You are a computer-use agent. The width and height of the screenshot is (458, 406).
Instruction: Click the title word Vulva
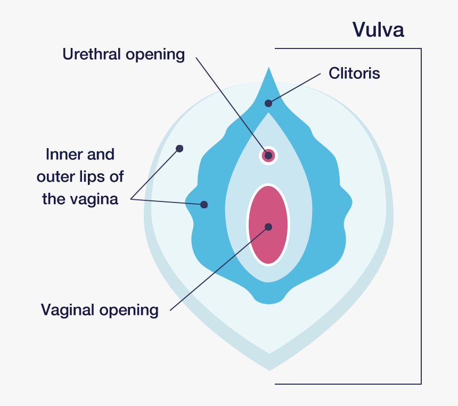click(378, 30)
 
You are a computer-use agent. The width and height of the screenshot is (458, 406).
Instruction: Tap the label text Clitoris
click(354, 73)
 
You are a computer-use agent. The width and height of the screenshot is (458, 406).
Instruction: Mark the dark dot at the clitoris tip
click(268, 103)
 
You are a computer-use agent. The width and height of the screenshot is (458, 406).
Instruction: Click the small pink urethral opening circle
click(268, 156)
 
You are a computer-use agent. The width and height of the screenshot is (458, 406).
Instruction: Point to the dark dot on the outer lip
click(179, 149)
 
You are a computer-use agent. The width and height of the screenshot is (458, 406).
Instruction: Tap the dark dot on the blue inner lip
click(203, 205)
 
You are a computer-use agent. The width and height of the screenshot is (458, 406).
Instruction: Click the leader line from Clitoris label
click(296, 87)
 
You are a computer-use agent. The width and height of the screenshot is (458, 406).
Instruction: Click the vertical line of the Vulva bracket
click(421, 213)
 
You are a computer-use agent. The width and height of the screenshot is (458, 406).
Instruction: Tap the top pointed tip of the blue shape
click(269, 69)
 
